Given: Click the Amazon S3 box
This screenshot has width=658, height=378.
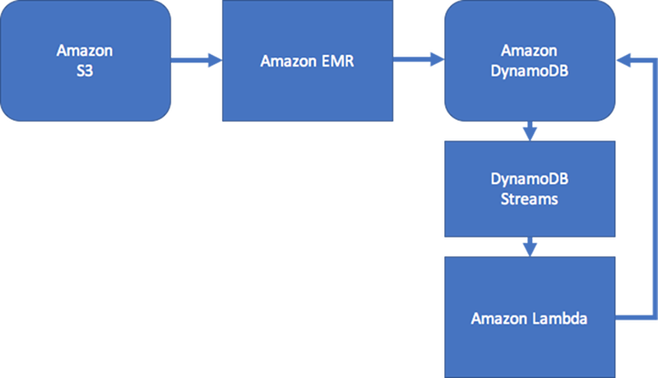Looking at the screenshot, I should point(85,62).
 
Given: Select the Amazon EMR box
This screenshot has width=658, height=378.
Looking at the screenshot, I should point(307,62).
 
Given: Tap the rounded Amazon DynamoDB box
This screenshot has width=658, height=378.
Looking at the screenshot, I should point(529,62).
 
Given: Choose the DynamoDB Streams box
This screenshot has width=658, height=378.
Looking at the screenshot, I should point(529,189).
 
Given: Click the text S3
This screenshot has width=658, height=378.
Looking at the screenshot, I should point(85,71).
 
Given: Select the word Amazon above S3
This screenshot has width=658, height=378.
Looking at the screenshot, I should point(85,51).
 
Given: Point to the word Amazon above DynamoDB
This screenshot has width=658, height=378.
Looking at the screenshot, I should point(529,51).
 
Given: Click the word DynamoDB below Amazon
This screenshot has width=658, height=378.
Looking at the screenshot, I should point(529,71).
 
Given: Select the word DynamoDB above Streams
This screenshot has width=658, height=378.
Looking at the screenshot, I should point(529,178).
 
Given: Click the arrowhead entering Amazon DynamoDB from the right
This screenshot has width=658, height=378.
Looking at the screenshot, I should point(624,58).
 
